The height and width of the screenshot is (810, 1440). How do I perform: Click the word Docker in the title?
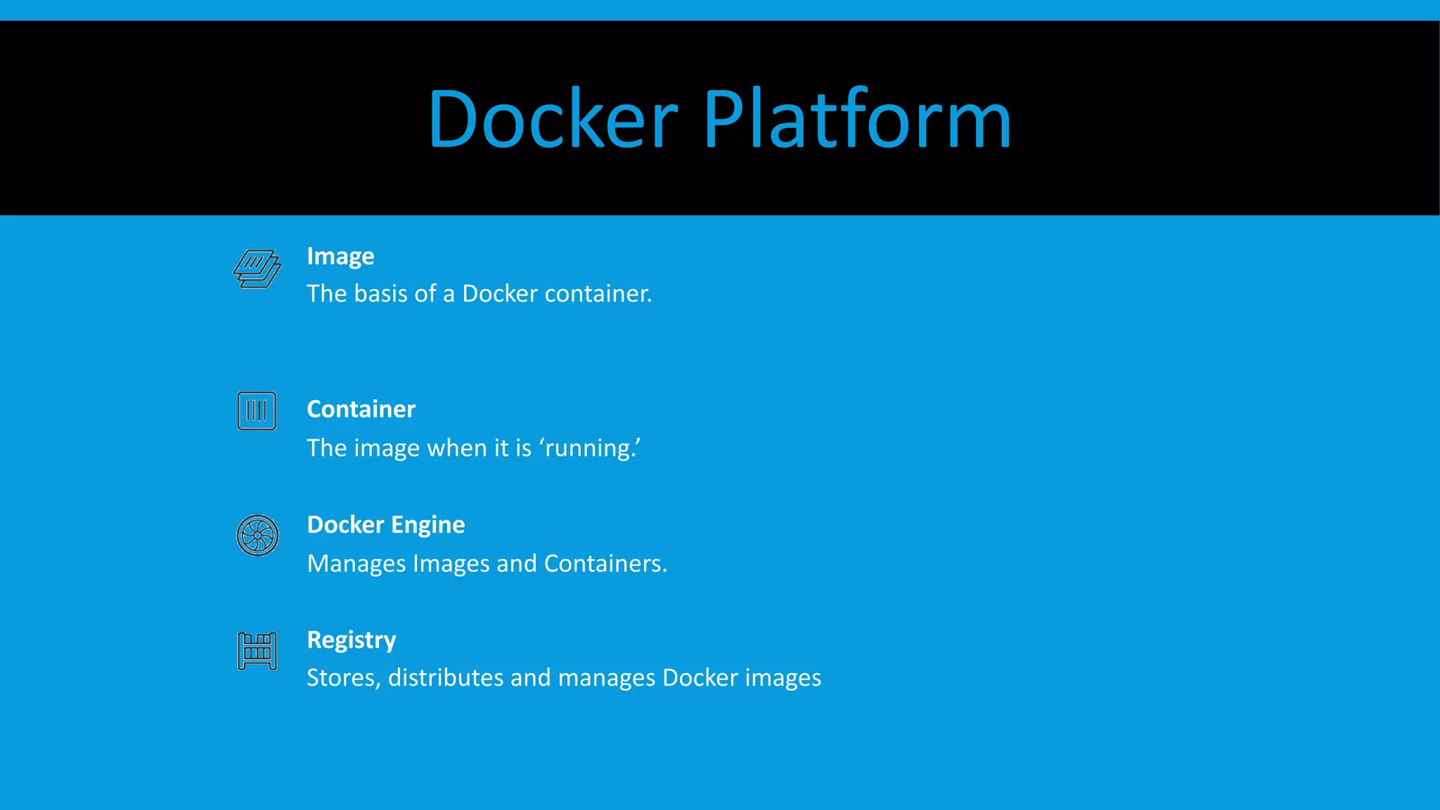tap(553, 119)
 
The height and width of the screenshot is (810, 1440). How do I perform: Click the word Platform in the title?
tap(857, 119)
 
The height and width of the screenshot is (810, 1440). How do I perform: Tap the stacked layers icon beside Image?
tap(257, 269)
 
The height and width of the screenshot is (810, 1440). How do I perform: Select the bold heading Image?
tap(340, 257)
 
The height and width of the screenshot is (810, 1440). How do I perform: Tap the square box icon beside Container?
tap(257, 411)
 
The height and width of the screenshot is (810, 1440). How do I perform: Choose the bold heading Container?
tap(361, 409)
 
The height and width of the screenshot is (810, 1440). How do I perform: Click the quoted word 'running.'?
tap(590, 448)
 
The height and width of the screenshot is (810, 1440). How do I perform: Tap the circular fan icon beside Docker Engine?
tap(257, 536)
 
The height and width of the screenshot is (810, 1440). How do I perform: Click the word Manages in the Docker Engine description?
tap(356, 564)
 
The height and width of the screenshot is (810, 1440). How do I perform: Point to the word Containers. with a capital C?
tap(605, 564)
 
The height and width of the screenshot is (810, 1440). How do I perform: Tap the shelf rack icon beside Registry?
tap(257, 651)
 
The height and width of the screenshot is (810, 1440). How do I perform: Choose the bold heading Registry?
tap(352, 641)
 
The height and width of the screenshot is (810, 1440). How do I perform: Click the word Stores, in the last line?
tap(343, 678)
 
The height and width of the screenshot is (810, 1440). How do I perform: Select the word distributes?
tap(446, 678)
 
